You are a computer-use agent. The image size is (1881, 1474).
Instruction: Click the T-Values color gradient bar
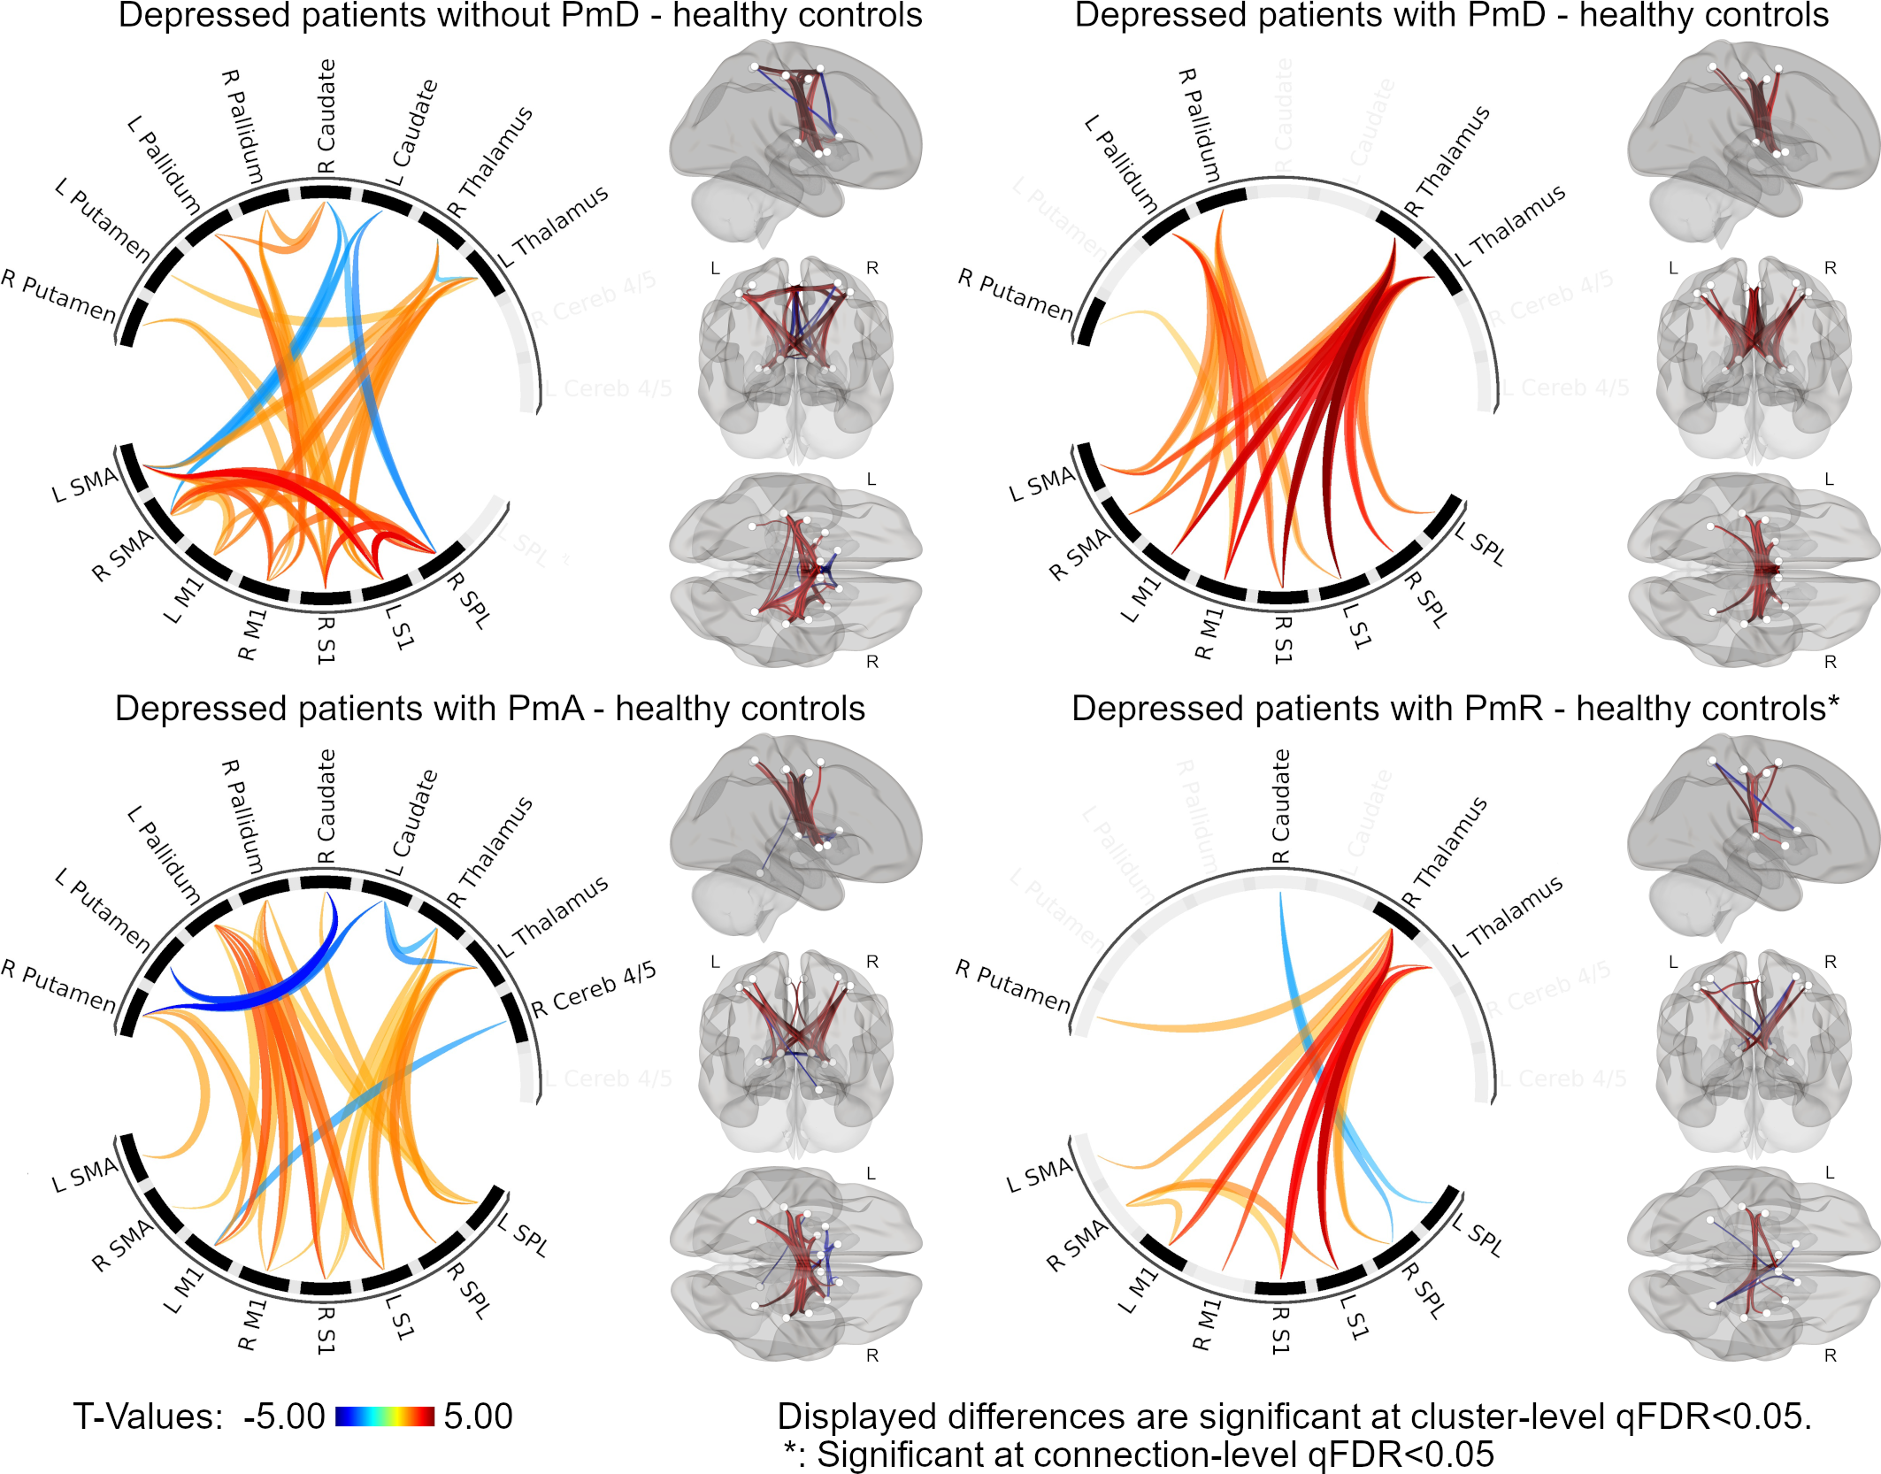(x=385, y=1416)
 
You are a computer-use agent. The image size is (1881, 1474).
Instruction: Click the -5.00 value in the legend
(x=284, y=1416)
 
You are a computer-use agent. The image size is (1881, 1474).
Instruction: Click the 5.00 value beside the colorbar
(x=479, y=1416)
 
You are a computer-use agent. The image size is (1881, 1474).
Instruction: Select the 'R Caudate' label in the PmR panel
(x=1280, y=806)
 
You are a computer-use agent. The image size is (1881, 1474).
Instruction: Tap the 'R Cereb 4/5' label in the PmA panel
(x=594, y=989)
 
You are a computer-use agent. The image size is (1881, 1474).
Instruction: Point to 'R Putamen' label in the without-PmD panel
(x=58, y=296)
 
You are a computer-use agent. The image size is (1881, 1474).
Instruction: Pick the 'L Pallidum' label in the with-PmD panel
(x=1121, y=164)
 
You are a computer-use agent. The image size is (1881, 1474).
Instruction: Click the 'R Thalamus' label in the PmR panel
(x=1445, y=853)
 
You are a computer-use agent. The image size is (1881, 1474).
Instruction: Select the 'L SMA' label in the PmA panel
(x=85, y=1175)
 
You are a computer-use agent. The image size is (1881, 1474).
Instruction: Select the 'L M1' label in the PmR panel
(x=1138, y=1291)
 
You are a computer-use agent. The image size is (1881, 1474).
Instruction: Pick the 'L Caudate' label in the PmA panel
(x=413, y=823)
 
